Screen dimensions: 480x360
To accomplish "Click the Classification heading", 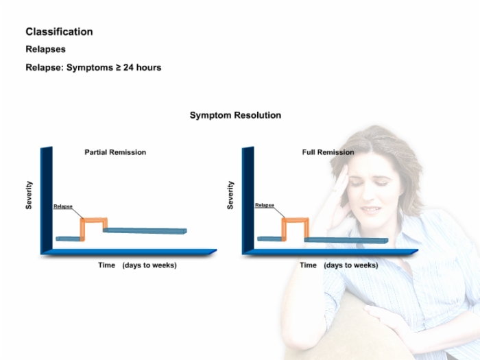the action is click(x=59, y=32).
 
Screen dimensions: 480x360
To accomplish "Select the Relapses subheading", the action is click(x=46, y=49).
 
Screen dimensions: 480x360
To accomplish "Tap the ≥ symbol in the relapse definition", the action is click(x=118, y=67).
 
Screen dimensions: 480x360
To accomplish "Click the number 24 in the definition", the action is click(x=129, y=67).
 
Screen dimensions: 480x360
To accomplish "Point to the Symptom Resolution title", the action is click(x=235, y=115).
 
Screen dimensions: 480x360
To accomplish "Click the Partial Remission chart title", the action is click(x=115, y=152).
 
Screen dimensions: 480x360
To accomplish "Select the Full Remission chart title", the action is click(x=328, y=152).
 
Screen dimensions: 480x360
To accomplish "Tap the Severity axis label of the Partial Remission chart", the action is click(x=29, y=195).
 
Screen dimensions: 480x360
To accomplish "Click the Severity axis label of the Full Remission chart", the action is click(x=230, y=195).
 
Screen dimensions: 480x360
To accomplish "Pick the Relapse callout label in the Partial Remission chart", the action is click(x=63, y=206).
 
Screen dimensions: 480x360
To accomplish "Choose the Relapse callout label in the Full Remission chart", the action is click(x=265, y=205).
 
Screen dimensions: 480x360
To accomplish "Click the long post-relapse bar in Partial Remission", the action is click(x=145, y=231).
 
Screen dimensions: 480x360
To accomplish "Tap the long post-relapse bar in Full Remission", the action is click(x=346, y=240).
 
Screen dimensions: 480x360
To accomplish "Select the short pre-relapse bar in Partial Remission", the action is click(x=69, y=239).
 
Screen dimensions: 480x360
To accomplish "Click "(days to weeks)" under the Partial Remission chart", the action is click(x=149, y=265).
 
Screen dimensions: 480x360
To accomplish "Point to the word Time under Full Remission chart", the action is click(x=308, y=265).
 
